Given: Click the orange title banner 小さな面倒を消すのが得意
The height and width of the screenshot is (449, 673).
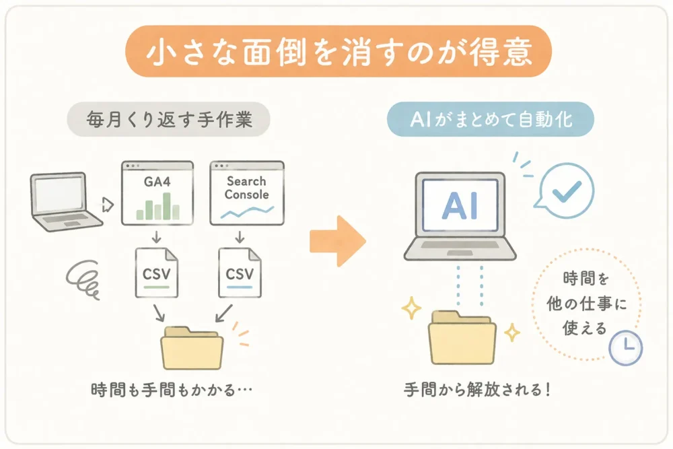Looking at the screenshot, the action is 339,51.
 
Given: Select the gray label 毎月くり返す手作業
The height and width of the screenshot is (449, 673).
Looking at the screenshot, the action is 169,119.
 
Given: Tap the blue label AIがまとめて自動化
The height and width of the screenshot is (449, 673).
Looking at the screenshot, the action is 491,119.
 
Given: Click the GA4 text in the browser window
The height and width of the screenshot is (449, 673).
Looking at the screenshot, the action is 157,182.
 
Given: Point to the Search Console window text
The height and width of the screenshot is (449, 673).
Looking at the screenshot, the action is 247,188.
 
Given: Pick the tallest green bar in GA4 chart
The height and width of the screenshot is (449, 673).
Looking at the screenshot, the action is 167,206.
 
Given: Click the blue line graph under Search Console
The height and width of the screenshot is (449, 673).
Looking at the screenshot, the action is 247,211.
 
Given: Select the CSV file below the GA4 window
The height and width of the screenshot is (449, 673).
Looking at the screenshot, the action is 157,273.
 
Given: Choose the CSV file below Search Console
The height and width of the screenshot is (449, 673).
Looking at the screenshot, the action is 240,273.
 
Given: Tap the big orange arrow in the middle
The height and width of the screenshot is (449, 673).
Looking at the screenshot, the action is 338,241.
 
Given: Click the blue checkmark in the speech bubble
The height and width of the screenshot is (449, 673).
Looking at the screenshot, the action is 567,191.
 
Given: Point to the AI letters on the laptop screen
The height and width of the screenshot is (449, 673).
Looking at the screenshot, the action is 460,205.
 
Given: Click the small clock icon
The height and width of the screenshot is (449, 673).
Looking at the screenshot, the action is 626,348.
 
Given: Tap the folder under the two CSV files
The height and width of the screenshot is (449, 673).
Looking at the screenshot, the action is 192,348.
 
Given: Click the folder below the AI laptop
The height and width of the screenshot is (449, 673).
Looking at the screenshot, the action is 462,338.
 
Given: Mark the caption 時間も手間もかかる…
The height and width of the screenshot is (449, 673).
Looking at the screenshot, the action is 172,390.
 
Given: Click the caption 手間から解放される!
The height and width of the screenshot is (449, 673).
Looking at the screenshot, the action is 477,390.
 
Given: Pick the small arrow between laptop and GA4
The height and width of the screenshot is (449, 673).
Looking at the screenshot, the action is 108,205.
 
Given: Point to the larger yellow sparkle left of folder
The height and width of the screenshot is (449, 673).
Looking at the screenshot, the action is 411,308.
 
